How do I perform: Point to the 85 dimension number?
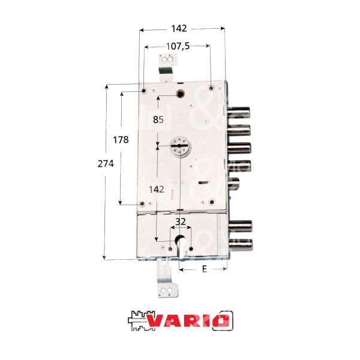tap(158, 119)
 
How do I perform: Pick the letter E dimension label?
tap(204, 269)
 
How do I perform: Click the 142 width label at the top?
tap(179, 28)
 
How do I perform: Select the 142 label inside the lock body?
tap(158, 188)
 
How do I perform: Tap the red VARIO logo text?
tap(188, 321)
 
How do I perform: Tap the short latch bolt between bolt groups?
tap(235, 184)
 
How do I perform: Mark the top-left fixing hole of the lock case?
tap(145, 90)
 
